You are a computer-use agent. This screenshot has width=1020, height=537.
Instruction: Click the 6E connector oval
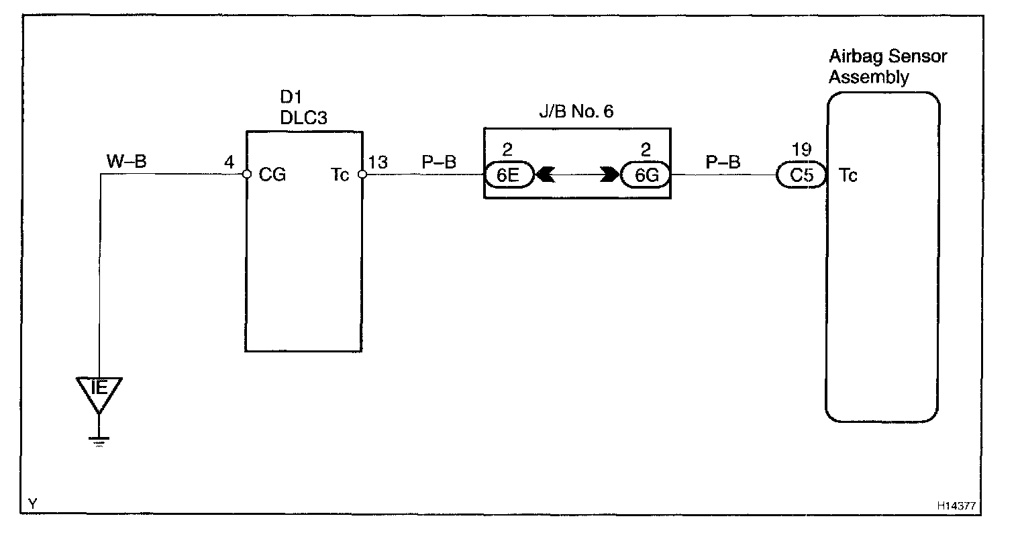click(x=509, y=175)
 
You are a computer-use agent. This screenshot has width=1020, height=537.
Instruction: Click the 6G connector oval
click(x=645, y=175)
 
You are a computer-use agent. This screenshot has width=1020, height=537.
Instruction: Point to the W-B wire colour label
click(x=126, y=161)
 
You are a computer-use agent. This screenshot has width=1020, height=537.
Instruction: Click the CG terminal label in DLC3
click(x=272, y=175)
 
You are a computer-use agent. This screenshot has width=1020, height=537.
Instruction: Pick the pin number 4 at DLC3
click(x=230, y=162)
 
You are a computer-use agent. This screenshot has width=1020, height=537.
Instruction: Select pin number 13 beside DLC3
click(x=378, y=162)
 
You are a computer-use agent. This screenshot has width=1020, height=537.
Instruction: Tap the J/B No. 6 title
click(x=577, y=111)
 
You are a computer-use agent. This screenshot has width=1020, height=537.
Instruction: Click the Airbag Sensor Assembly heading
click(x=887, y=66)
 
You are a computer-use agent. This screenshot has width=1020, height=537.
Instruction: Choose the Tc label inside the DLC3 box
click(x=340, y=175)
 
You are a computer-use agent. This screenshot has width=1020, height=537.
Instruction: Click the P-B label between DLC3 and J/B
click(x=440, y=162)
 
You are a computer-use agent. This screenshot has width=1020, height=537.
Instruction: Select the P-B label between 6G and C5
click(x=723, y=162)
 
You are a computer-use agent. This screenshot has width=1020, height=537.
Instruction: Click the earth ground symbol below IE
click(x=99, y=440)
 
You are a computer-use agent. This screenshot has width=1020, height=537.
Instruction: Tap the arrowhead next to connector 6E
click(x=544, y=175)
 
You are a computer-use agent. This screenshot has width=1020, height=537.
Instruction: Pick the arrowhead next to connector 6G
click(x=610, y=175)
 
